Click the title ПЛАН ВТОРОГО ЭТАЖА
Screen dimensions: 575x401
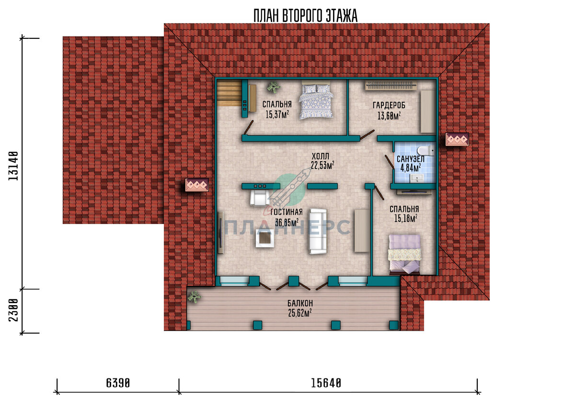pos(305,16)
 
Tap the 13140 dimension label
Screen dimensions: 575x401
pos(13,166)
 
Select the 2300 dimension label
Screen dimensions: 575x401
pos(13,310)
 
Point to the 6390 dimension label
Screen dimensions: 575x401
pos(118,383)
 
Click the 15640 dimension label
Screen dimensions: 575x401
pos(326,383)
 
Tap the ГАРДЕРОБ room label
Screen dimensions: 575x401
pos(389,105)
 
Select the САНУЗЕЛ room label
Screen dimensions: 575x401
pos(411,159)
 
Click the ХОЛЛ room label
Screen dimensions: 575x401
pos(321,156)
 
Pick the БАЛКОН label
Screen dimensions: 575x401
pos(300,303)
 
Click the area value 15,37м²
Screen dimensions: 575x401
pos(277,114)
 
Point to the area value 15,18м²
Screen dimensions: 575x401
pos(405,218)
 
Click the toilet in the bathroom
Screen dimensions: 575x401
pos(426,150)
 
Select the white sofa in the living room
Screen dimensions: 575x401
pos(318,231)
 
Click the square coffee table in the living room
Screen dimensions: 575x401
pos(264,239)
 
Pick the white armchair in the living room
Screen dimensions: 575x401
pos(259,198)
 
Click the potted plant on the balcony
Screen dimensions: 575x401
pos(195,297)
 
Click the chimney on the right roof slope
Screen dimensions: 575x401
pos(457,139)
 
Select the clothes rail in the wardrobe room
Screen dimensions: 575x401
pos(391,85)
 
